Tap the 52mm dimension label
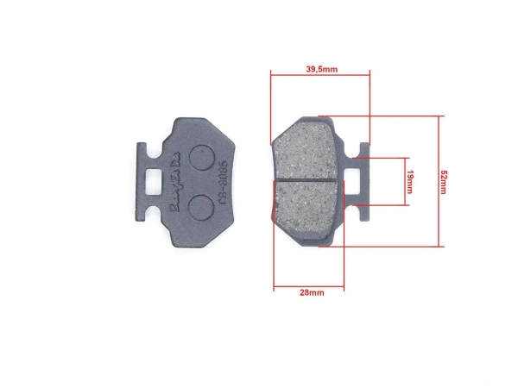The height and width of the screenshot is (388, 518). click(x=444, y=181)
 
